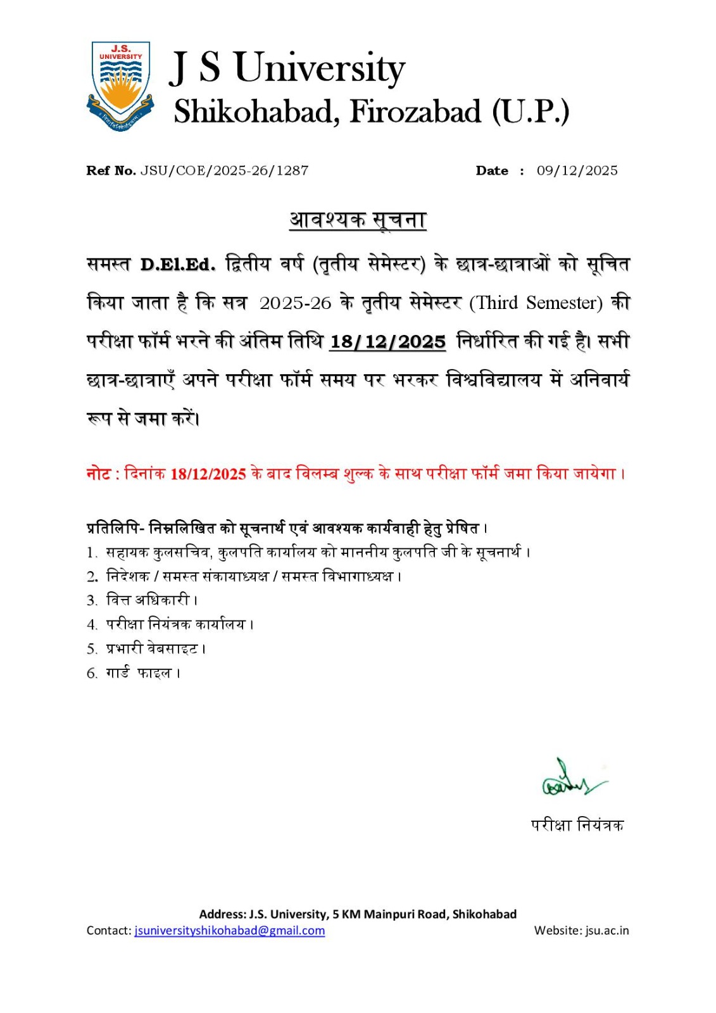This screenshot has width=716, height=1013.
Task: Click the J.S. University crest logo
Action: tap(120, 86)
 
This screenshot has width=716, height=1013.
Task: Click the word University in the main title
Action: tap(319, 68)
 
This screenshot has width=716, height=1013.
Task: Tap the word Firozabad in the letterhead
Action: tap(415, 112)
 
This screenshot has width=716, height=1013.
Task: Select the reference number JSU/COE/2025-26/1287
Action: tap(224, 170)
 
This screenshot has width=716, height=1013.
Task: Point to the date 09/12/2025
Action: tap(577, 170)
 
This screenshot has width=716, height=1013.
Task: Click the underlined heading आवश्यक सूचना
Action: tap(358, 220)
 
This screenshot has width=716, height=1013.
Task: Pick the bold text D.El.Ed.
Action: tap(177, 265)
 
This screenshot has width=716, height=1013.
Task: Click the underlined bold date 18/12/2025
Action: tap(387, 342)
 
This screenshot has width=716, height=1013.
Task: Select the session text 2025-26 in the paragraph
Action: tap(295, 303)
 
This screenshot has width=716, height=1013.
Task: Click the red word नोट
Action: tap(99, 474)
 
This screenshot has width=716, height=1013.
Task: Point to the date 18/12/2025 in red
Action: tap(208, 474)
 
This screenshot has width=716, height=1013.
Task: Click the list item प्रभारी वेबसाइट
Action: tap(152, 648)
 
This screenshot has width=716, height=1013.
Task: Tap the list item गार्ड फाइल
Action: tap(139, 673)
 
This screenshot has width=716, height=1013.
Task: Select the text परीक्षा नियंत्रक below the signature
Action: tap(577, 825)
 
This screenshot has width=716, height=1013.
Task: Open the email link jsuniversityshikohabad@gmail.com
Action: tap(229, 930)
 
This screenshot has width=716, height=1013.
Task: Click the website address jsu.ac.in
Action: tap(606, 930)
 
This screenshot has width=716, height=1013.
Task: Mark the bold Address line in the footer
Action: tap(358, 914)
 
